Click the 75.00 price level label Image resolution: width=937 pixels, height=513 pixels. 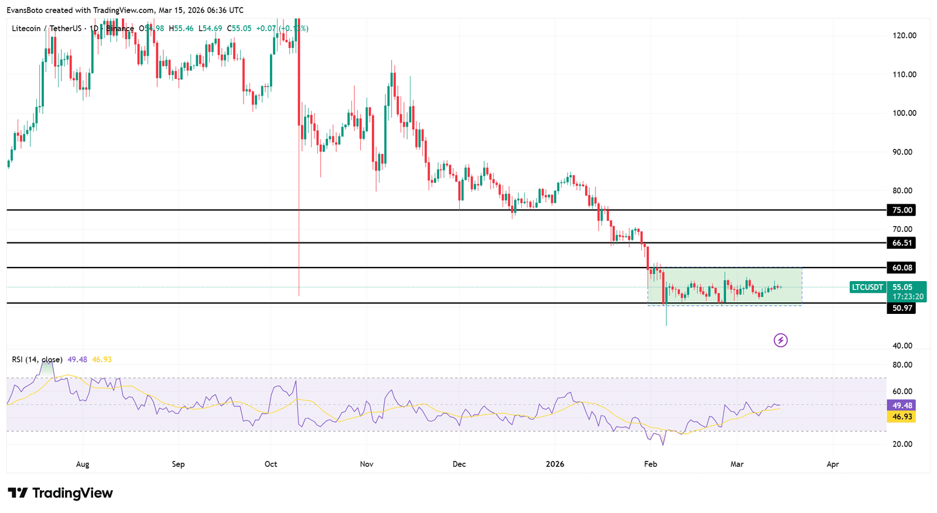point(901,210)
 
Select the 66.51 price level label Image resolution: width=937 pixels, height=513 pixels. point(901,243)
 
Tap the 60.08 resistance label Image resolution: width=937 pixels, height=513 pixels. point(901,268)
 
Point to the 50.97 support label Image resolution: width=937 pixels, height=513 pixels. point(901,308)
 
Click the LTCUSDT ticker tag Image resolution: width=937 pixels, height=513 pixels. point(867,288)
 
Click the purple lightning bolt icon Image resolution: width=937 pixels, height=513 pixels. point(781,340)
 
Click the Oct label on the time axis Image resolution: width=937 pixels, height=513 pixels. point(271,464)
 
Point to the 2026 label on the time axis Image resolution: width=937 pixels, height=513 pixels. point(555,464)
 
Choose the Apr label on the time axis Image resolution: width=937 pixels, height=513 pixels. point(832,464)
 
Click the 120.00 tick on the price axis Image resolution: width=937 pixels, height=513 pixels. point(904,36)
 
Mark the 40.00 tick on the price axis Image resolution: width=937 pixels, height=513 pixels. point(902,346)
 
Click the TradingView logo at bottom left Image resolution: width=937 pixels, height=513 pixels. point(60,493)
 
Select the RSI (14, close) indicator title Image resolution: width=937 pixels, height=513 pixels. point(37,360)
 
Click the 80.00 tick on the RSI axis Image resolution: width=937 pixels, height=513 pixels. point(902,365)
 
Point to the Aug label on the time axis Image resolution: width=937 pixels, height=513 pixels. point(83,464)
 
